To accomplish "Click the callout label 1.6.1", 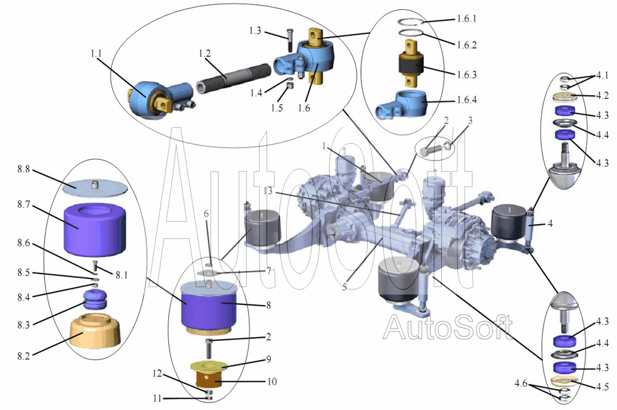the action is pyautogui.click(x=466, y=19).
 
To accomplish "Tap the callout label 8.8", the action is pyautogui.click(x=23, y=169).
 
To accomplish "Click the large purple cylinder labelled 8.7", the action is pyautogui.click(x=94, y=229).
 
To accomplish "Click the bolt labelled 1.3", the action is pyautogui.click(x=290, y=40).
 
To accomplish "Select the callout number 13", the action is pyautogui.click(x=268, y=191).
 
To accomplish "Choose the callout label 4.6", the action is pyautogui.click(x=521, y=383).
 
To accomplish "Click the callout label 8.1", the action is pyautogui.click(x=122, y=275).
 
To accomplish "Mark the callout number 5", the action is pyautogui.click(x=344, y=287).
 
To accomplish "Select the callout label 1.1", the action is pyautogui.click(x=96, y=54).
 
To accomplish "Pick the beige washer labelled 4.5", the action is pyautogui.click(x=565, y=380).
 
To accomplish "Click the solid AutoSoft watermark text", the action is pyautogui.click(x=448, y=327).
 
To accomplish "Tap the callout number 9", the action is pyautogui.click(x=269, y=359).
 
